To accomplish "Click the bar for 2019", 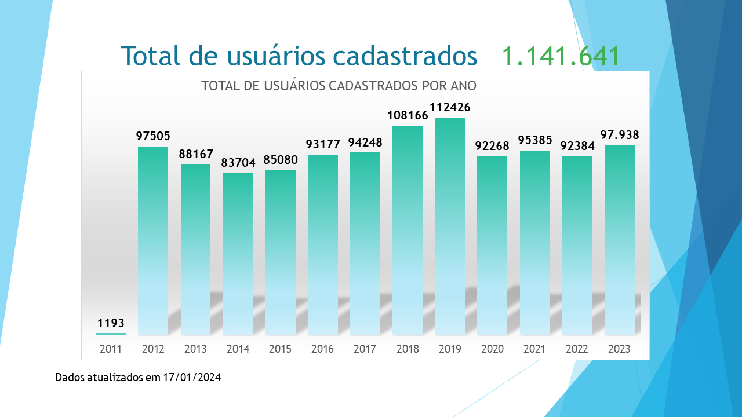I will [x=450, y=226].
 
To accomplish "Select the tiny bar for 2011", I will [x=111, y=334].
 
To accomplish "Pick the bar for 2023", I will [x=619, y=240].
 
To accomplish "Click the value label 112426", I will [x=450, y=108].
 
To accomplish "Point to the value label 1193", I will [x=111, y=323].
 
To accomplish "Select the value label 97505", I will [x=153, y=136].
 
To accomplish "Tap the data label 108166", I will [x=408, y=115].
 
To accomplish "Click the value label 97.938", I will [x=620, y=135].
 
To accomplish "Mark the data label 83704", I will [x=238, y=163].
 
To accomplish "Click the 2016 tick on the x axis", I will [x=322, y=349].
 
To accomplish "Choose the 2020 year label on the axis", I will [x=492, y=349].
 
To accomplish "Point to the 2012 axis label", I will [x=153, y=349].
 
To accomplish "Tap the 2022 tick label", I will [x=577, y=349].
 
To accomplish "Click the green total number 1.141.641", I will [x=561, y=56].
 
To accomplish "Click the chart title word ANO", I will [x=463, y=86].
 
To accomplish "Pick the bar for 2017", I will [x=365, y=243].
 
